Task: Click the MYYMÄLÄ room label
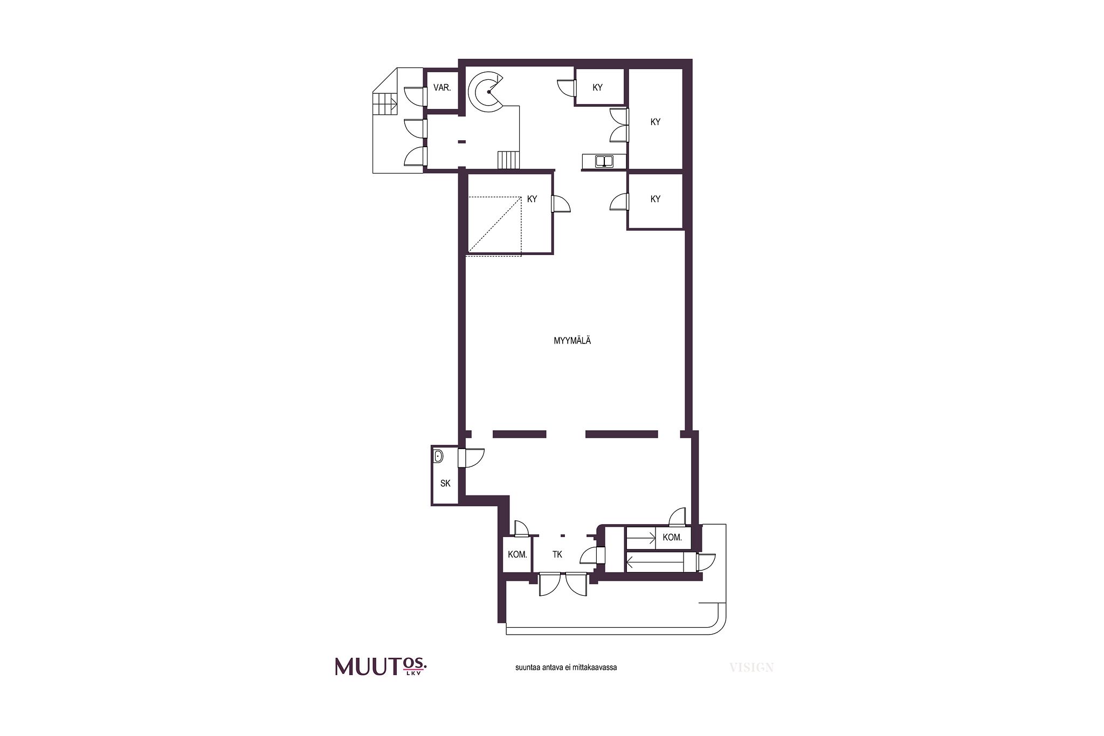tap(572, 341)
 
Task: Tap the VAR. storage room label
tap(442, 87)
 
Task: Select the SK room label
tap(445, 484)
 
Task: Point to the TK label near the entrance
tap(557, 554)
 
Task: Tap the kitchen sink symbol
tap(604, 160)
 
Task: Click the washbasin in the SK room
tap(438, 457)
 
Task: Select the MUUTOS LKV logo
tap(381, 666)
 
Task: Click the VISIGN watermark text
tap(751, 668)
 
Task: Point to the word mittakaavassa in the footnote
tap(596, 668)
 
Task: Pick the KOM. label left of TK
tap(517, 554)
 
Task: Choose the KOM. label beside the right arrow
tap(673, 538)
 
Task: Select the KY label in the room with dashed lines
tap(532, 199)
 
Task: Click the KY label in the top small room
tap(597, 87)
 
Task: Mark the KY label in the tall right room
tap(655, 122)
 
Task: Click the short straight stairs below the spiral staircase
tap(507, 160)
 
